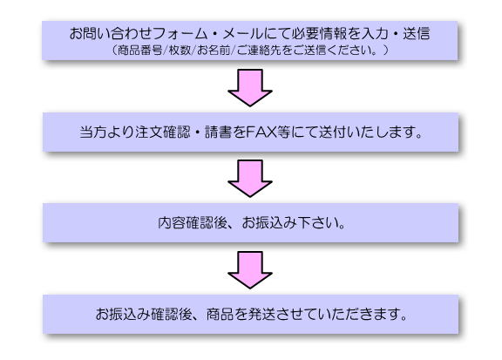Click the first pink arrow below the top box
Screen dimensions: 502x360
click(250, 87)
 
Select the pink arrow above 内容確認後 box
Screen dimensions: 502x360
click(250, 178)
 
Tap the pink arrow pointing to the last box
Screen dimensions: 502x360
click(250, 269)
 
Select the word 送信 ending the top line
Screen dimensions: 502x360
click(417, 34)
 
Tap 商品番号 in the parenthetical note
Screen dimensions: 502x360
click(140, 51)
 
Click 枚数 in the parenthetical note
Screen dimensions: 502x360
click(180, 51)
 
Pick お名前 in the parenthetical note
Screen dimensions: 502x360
click(214, 51)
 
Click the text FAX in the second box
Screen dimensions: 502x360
click(261, 132)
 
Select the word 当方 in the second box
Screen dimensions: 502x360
click(93, 132)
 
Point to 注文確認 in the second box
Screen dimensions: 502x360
click(163, 132)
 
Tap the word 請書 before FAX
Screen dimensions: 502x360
click(219, 132)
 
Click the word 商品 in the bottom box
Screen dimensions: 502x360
click(220, 314)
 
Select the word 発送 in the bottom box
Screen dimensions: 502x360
click(261, 314)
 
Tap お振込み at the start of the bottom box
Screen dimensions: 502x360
click(123, 314)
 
